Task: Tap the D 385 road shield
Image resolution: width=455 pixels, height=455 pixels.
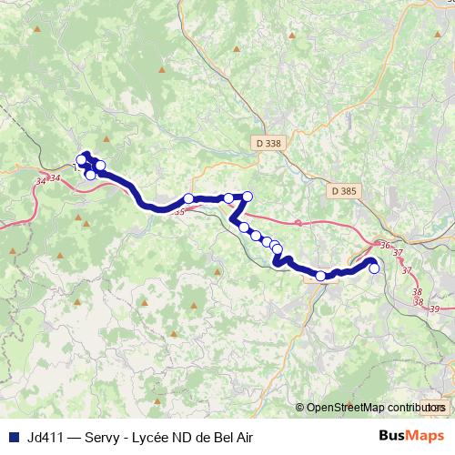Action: (344, 191)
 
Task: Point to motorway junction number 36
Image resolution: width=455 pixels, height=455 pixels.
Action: (385, 246)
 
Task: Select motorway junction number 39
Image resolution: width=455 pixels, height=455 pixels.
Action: (434, 310)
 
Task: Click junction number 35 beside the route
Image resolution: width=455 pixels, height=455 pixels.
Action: (179, 211)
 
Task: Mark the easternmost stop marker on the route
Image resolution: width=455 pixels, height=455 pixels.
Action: (374, 268)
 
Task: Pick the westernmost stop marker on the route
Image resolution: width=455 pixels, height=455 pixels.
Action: (81, 160)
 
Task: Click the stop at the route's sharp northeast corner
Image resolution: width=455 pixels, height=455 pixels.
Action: (247, 197)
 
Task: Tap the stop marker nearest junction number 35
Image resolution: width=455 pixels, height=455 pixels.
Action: (188, 198)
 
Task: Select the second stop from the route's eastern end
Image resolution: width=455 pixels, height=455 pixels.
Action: (321, 276)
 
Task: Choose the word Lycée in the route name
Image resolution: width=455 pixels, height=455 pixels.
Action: (157, 435)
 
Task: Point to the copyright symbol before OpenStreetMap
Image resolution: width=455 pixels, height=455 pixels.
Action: (300, 407)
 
